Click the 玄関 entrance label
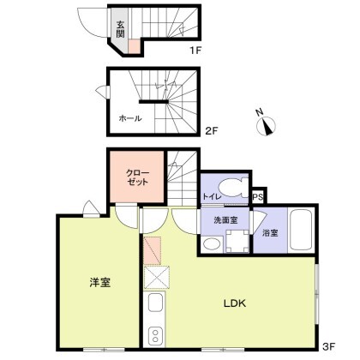(120, 29)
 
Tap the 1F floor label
(196, 51)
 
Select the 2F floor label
(212, 131)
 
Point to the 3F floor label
(329, 346)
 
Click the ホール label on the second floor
(130, 118)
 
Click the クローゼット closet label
(138, 177)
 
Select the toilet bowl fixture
(234, 188)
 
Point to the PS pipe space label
(257, 197)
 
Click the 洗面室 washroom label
(225, 220)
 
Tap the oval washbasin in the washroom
(212, 244)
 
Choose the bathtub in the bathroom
(301, 230)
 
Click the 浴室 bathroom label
(270, 233)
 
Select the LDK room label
(235, 303)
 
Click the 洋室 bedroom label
(100, 283)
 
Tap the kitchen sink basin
(156, 303)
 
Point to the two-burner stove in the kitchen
(155, 336)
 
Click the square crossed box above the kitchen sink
(157, 277)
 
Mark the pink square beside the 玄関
(134, 46)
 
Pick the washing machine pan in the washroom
(237, 241)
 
